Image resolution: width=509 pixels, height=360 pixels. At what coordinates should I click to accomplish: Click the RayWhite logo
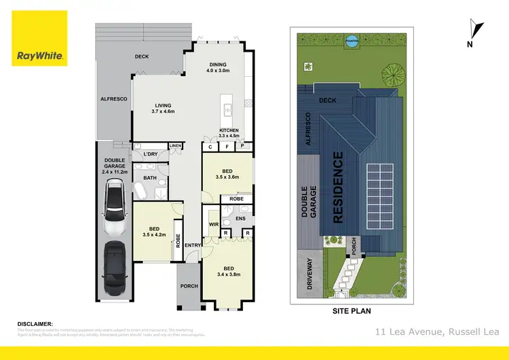point(39,38)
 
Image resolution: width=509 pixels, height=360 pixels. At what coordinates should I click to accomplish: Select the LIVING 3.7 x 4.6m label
point(164,108)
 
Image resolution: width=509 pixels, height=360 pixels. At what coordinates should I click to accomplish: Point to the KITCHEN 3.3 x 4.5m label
point(229,132)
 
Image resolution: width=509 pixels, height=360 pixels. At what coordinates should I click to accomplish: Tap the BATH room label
point(149,178)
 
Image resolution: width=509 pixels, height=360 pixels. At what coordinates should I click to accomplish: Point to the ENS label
point(240,219)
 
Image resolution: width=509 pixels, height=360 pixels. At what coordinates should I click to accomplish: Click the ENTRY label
point(193,245)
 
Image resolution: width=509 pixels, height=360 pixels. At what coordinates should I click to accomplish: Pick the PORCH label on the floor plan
point(189,286)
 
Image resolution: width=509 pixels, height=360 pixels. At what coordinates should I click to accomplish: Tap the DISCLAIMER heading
point(35,324)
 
